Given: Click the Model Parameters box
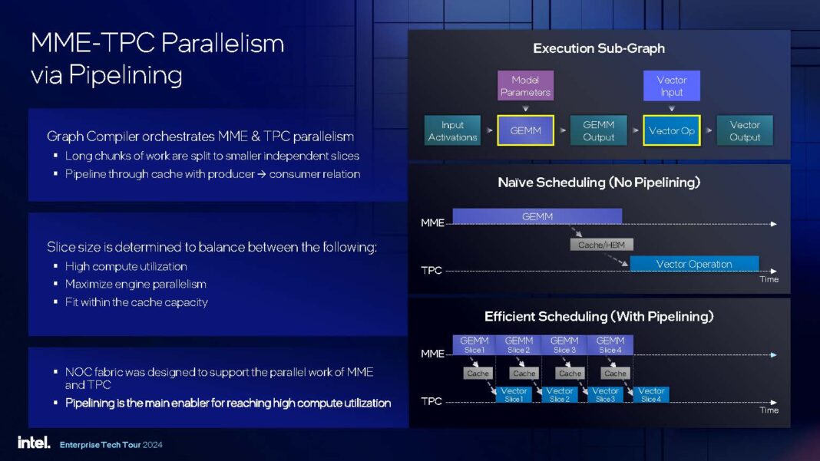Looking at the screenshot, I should pyautogui.click(x=525, y=86).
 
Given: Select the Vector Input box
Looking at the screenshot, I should pyautogui.click(x=671, y=86).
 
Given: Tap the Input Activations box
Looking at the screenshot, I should pyautogui.click(x=452, y=131).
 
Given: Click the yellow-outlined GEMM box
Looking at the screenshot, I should pyautogui.click(x=525, y=131).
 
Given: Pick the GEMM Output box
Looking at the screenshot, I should pyautogui.click(x=598, y=131).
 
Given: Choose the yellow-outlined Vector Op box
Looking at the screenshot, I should pyautogui.click(x=671, y=131).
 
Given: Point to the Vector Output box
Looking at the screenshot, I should pyautogui.click(x=745, y=131).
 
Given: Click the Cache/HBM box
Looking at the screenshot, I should pyautogui.click(x=602, y=245).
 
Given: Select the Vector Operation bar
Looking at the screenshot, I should pyautogui.click(x=694, y=264).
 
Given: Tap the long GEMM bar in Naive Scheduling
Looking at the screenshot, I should pyautogui.click(x=537, y=216).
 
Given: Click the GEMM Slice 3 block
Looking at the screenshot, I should pyautogui.click(x=564, y=344).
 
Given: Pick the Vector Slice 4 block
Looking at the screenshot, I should pyautogui.click(x=651, y=395).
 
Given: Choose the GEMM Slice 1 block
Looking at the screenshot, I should pyautogui.click(x=474, y=344).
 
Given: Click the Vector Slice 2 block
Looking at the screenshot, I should pyautogui.click(x=560, y=395).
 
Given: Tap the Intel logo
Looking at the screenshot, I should pyautogui.click(x=34, y=443).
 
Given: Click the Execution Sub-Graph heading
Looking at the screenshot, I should pyautogui.click(x=599, y=48).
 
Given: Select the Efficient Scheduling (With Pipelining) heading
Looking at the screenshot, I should pyautogui.click(x=599, y=316).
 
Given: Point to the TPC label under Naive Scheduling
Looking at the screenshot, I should pyautogui.click(x=431, y=271).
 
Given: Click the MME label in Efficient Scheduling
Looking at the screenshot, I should pyautogui.click(x=432, y=354).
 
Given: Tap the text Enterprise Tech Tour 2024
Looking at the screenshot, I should pyautogui.click(x=111, y=445).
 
